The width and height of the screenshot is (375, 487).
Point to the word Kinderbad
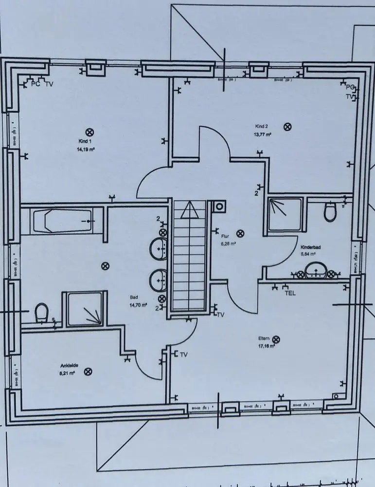pyautogui.click(x=309, y=247)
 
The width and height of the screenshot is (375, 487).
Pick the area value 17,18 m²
pyautogui.click(x=267, y=347)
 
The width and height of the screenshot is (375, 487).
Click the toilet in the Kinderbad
pyautogui.click(x=330, y=212)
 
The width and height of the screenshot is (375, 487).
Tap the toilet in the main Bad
pyautogui.click(x=41, y=312)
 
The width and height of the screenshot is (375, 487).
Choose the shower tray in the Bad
pyautogui.click(x=85, y=308)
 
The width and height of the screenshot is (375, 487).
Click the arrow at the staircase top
pyautogui.click(x=188, y=210)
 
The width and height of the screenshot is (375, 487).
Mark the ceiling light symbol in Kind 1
pyautogui.click(x=89, y=132)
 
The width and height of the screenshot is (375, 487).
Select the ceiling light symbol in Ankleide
pyautogui.click(x=88, y=372)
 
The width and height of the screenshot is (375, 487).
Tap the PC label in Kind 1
pyautogui.click(x=35, y=84)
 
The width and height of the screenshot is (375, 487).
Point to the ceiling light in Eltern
pyautogui.click(x=276, y=339)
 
